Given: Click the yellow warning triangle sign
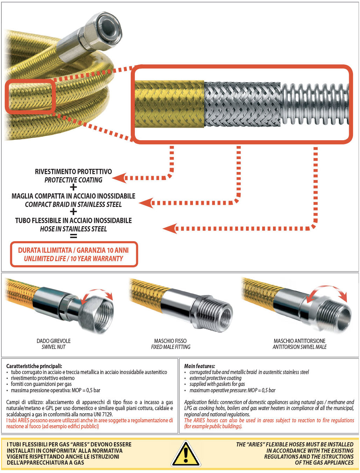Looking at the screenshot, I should click(186, 454).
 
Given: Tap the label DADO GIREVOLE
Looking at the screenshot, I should click(53, 341).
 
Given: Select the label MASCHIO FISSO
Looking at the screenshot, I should click(171, 341).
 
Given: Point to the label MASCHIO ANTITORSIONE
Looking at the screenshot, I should click(300, 341).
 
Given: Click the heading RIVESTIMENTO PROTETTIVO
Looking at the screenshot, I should click(73, 172).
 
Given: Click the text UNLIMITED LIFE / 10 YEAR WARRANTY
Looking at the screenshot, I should click(73, 259).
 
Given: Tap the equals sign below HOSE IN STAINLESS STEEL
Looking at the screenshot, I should click(73, 236).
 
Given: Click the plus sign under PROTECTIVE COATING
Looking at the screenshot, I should click(73, 187).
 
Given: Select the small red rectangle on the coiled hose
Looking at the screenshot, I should click(30, 96).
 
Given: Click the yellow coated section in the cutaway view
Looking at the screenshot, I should click(170, 104).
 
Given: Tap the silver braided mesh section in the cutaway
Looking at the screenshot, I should click(242, 104).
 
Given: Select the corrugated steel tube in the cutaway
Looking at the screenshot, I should click(315, 104).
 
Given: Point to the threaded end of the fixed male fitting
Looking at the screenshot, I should click(220, 313).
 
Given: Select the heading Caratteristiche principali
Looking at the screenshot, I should click(34, 366).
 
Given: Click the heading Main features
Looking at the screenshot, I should click(200, 366).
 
